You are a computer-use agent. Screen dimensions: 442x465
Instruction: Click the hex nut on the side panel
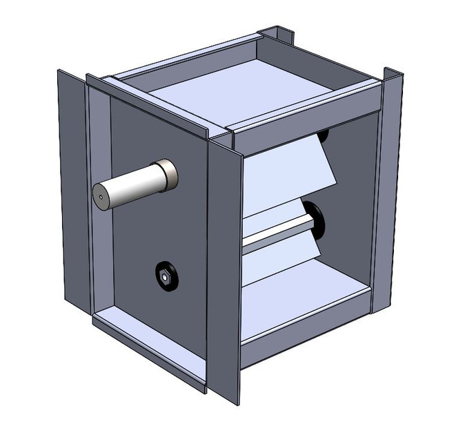[165, 276]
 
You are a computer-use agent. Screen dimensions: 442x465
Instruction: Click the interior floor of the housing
[304, 300]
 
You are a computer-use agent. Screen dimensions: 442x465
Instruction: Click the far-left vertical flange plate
[72, 186]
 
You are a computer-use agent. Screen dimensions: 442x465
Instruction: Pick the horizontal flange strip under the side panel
[148, 345]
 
